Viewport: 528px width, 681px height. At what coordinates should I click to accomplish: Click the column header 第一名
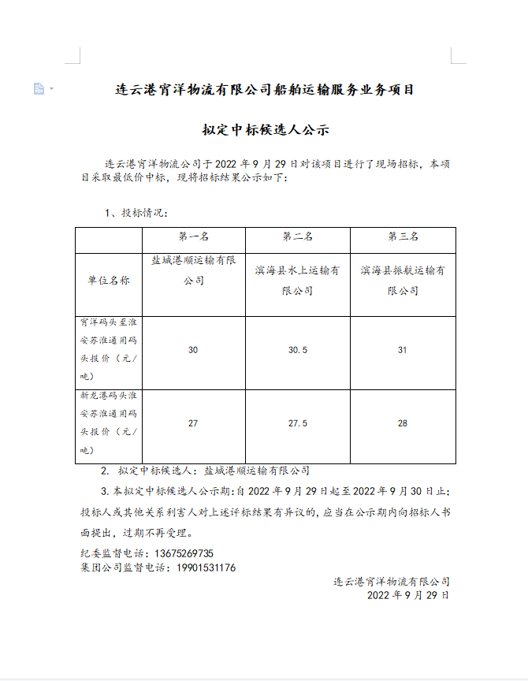(193, 236)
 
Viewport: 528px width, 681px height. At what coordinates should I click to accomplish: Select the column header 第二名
(298, 236)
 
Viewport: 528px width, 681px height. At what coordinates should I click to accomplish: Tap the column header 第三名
(403, 236)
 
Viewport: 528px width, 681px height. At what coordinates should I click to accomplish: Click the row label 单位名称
(109, 280)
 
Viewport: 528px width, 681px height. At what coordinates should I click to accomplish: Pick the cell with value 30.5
(298, 350)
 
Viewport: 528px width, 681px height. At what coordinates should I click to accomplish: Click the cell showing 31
(403, 350)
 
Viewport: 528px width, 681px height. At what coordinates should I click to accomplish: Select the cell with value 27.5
(298, 424)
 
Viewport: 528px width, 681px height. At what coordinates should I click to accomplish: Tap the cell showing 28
(403, 424)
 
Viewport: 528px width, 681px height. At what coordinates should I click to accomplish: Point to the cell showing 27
(193, 424)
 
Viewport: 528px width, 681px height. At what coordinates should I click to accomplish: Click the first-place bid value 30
(193, 350)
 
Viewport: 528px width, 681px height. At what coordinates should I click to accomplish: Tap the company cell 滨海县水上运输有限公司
(298, 281)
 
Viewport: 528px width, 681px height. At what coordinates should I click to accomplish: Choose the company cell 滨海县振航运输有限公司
(403, 281)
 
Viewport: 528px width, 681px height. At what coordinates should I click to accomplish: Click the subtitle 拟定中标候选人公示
(265, 130)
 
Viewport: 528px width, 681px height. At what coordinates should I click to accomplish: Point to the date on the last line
(408, 596)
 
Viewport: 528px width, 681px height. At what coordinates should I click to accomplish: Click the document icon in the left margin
(39, 89)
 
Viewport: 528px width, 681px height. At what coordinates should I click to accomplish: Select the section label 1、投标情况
(136, 213)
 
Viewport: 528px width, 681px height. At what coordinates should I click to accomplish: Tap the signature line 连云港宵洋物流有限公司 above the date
(392, 582)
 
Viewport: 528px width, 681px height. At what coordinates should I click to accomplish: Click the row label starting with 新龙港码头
(109, 424)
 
